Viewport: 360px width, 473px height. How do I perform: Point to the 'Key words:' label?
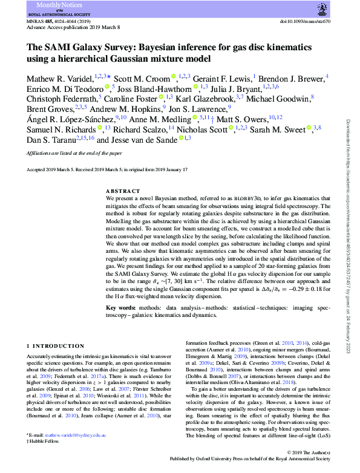tap(125, 308)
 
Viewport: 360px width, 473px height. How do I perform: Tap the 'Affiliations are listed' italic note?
tap(70, 154)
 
